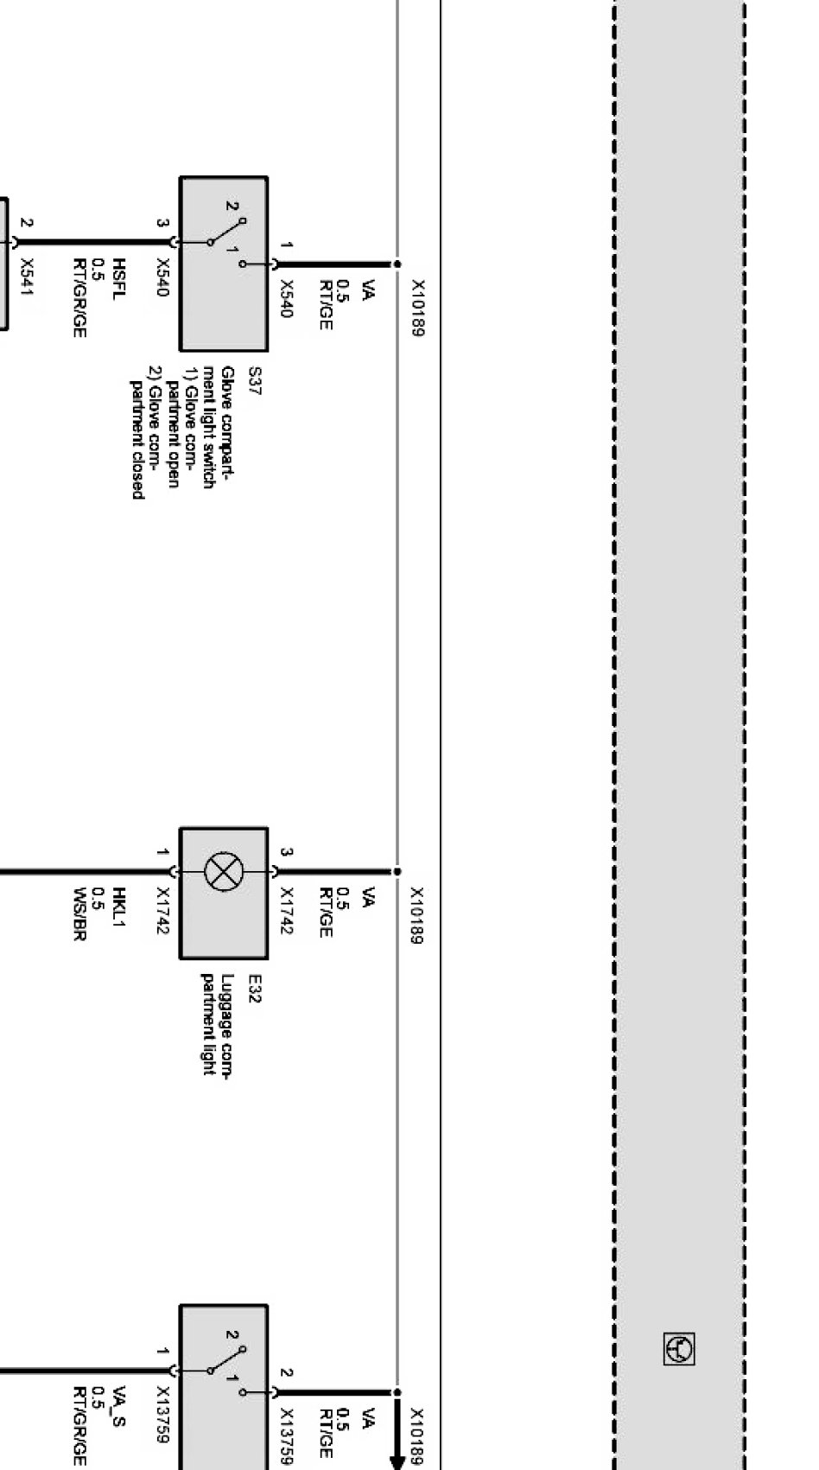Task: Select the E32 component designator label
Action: [255, 989]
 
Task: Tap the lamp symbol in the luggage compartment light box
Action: [223, 871]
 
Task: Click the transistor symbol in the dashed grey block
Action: [679, 1349]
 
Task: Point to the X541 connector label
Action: [27, 278]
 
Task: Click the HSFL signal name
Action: [121, 279]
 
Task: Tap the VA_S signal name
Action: [121, 1409]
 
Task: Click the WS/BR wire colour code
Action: [79, 913]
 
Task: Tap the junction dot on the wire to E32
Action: [397, 871]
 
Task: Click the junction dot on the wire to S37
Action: [397, 264]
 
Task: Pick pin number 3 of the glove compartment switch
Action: [162, 223]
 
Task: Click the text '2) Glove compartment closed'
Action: [145, 433]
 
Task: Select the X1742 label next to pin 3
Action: [287, 912]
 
